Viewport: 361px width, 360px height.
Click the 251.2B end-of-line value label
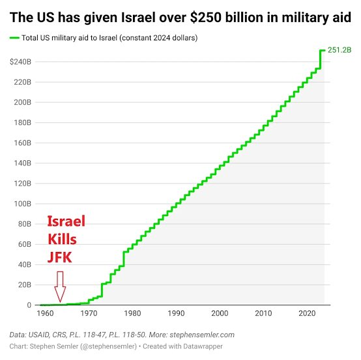[339, 50]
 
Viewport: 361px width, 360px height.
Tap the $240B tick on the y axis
[20, 62]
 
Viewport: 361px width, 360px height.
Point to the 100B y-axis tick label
[23, 204]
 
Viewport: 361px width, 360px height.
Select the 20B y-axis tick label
[25, 284]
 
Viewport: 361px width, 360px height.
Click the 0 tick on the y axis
[29, 305]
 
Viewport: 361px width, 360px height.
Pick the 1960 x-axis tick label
[45, 313]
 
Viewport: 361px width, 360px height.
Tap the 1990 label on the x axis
[176, 313]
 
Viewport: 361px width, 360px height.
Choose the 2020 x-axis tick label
[307, 313]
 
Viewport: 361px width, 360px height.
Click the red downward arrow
[60, 286]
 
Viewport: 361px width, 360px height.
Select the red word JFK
[60, 257]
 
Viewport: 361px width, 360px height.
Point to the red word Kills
[62, 239]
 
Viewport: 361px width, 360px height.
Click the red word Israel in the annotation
[66, 221]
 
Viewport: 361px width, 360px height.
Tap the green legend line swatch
[14, 38]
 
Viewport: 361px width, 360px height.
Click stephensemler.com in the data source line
[202, 335]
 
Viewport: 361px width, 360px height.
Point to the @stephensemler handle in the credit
[109, 346]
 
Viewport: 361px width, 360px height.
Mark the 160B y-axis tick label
[23, 143]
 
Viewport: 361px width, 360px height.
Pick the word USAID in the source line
[38, 335]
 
